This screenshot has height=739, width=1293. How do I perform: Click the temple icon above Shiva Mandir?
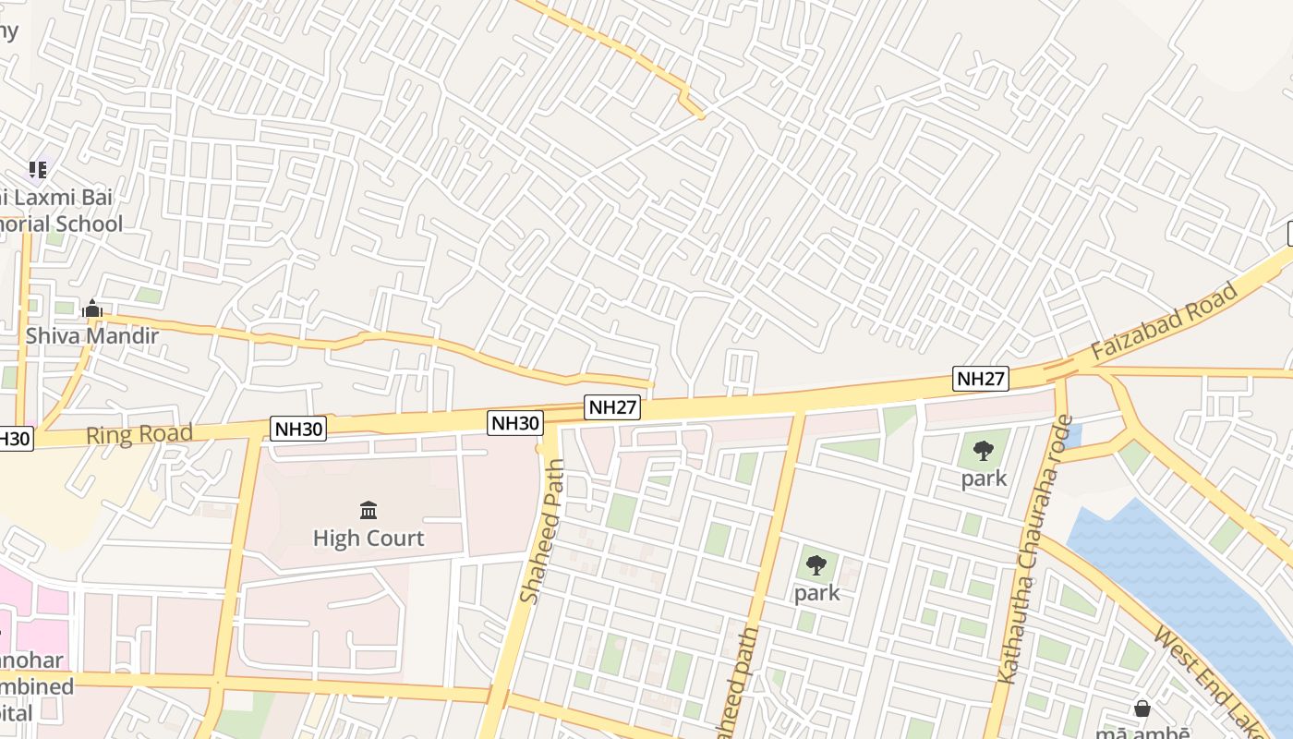(x=91, y=309)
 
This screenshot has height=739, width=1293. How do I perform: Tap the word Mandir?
(x=124, y=335)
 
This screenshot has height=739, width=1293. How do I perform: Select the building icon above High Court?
(x=369, y=510)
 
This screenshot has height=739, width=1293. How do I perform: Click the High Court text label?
(x=369, y=538)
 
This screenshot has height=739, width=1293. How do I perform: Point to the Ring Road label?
(x=139, y=434)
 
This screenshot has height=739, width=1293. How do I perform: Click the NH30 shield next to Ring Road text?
(x=298, y=428)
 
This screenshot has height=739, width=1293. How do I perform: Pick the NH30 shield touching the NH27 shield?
(x=515, y=423)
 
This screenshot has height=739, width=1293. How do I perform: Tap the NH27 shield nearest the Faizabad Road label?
(x=980, y=378)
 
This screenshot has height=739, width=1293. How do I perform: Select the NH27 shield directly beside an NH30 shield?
(x=612, y=407)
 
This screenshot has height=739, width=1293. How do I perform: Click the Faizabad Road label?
(x=1164, y=322)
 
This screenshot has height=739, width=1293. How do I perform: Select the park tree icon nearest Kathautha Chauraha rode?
(x=983, y=451)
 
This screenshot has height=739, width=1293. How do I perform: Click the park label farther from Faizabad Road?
(x=817, y=593)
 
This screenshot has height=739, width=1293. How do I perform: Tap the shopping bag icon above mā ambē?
(x=1142, y=709)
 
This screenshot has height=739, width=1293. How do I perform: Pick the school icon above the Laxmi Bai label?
(x=37, y=169)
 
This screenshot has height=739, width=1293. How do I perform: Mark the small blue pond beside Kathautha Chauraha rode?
(x=1071, y=434)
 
